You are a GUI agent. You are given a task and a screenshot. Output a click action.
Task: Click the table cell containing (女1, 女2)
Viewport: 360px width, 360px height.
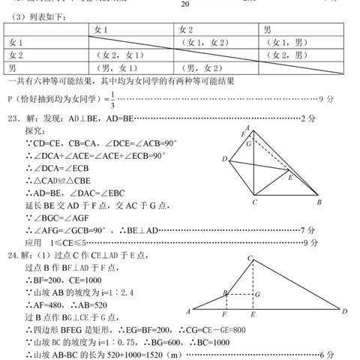pyautogui.click(x=199, y=42)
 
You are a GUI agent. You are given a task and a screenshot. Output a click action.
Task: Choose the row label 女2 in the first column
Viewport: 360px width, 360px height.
pyautogui.click(x=16, y=55)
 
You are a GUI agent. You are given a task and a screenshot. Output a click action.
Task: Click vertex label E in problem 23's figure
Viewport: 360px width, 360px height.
pyautogui.click(x=290, y=178)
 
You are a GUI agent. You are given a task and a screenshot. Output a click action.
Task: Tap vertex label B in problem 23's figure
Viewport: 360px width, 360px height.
pyautogui.click(x=319, y=203)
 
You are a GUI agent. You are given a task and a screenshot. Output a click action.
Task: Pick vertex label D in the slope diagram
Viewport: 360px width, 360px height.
pyautogui.click(x=344, y=311)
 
